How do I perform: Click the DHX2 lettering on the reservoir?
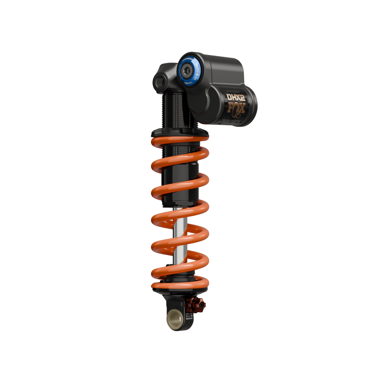[236, 98]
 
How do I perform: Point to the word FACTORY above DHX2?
[233, 91]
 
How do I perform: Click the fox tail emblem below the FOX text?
[235, 115]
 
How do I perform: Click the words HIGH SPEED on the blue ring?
[196, 70]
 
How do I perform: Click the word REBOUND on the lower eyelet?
[189, 318]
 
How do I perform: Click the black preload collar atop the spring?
[180, 132]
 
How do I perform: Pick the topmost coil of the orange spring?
[180, 141]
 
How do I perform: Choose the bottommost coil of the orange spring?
[180, 285]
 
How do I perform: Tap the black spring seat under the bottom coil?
[180, 291]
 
